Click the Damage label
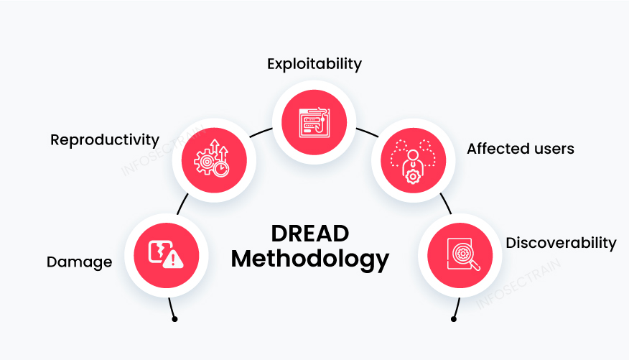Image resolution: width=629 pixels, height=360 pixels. click(x=79, y=262)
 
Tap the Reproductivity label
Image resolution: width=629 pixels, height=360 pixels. click(x=105, y=139)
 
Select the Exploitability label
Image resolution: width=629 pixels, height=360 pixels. click(x=314, y=63)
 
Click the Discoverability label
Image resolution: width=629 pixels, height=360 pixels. click(x=561, y=242)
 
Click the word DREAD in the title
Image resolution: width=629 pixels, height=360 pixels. click(x=310, y=233)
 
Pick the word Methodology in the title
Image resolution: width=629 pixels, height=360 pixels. click(x=310, y=258)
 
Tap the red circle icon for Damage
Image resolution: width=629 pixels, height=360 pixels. click(x=167, y=254)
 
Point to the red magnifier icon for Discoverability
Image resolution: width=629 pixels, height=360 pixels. click(x=460, y=254)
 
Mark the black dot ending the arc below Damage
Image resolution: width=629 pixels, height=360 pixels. click(x=174, y=318)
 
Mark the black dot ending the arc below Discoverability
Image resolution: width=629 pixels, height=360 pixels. click(x=454, y=318)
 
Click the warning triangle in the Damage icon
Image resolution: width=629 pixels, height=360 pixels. click(x=173, y=259)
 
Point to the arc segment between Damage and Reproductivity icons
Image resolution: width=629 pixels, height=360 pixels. click(x=184, y=202)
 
